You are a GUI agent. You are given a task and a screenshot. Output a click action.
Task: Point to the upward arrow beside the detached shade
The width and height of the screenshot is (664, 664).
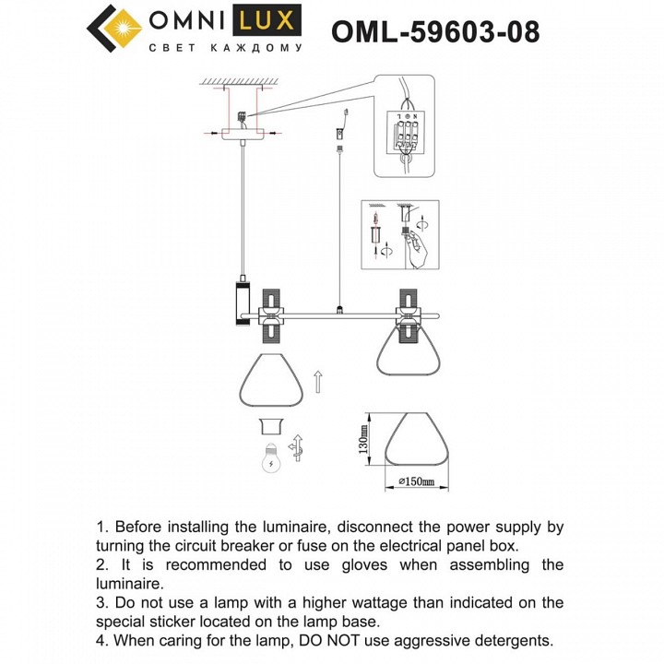pos(316,381)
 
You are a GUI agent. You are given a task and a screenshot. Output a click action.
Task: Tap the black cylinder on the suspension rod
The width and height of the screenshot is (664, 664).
pos(241,303)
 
